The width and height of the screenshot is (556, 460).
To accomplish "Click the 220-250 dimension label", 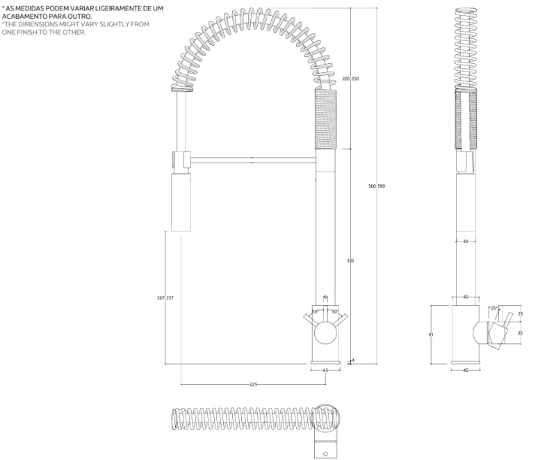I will pos(350,79).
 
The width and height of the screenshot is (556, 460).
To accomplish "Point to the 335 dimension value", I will pos(350,261).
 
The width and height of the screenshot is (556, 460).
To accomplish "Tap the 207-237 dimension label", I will pos(165,297).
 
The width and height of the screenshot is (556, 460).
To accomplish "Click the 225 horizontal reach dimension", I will pos(253,384).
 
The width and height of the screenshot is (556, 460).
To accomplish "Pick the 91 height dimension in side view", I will pos(431,334).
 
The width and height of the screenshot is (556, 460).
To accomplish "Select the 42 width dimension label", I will pos(466,297).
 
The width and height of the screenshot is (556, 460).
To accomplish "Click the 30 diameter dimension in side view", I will pos(466,241).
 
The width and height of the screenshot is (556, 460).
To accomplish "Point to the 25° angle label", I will pos(494,308).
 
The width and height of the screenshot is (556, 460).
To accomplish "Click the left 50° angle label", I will pos(315,312).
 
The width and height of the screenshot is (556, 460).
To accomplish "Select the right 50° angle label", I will pos(334,312).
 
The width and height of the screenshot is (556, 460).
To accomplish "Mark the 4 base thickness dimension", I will pos(353,360).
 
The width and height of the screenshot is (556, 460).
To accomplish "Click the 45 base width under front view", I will pos(325,370).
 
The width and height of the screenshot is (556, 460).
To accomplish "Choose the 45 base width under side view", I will pos(466,370).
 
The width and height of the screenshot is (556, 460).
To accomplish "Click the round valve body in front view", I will pos(325,335).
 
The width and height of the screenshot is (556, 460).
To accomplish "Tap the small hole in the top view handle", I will pos(325,454).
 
